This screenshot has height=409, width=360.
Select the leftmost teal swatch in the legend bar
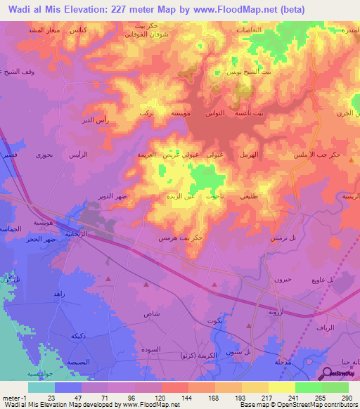tap(41, 387)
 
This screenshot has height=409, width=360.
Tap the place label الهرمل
tap(249, 154)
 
